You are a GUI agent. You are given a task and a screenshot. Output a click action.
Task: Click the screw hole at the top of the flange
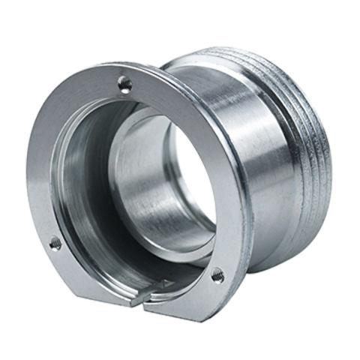click(124, 84)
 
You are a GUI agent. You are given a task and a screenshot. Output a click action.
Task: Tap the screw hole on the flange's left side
click(55, 243)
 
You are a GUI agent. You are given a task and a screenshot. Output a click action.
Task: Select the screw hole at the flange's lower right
click(217, 276)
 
